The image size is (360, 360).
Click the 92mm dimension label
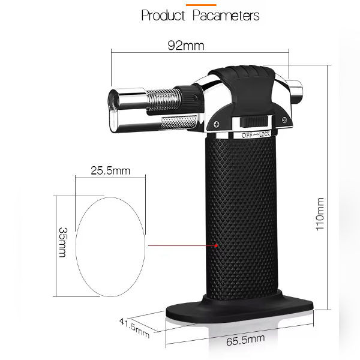tap(186, 46)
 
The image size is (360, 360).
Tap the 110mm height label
tap(320, 214)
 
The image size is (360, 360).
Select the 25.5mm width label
tap(110, 170)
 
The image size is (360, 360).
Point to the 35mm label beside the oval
tap(63, 242)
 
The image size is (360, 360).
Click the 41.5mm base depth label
tap(134, 328)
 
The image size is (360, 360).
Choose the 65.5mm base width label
tap(245, 340)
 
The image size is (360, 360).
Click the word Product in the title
tap(163, 16)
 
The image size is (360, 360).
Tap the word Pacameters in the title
tap(226, 16)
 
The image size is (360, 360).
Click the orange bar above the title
tap(201, 5)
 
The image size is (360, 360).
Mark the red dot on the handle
tap(216, 245)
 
